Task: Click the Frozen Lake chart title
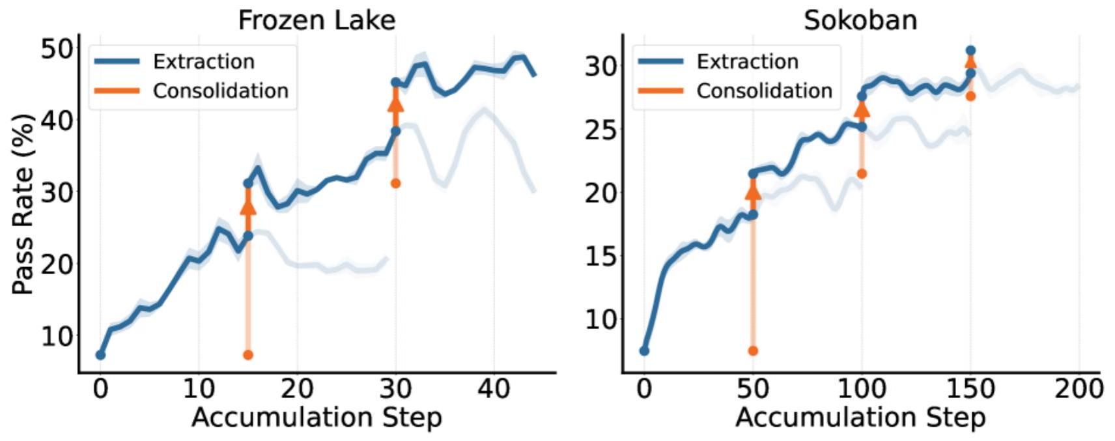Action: coord(317,20)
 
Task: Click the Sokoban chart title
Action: coord(860,20)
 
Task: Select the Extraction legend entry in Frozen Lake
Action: coord(203,62)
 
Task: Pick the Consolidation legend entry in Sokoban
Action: coord(764,91)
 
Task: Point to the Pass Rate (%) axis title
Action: coord(23,204)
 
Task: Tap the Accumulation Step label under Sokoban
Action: coord(860,417)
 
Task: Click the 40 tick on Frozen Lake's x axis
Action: coord(494,389)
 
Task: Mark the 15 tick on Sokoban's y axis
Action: coord(599,257)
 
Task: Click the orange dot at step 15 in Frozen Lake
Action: coord(247,355)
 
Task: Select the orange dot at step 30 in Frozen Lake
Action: coord(395,183)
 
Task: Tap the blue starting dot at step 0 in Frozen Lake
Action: coord(100,355)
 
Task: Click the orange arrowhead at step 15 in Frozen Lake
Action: coord(248,206)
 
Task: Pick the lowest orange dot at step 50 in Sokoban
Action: coord(753,350)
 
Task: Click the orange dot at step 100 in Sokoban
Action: coord(862,173)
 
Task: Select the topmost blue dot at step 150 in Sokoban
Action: coord(970,50)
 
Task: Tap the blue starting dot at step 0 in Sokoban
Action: coord(644,350)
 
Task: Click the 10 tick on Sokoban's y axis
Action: coord(599,320)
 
